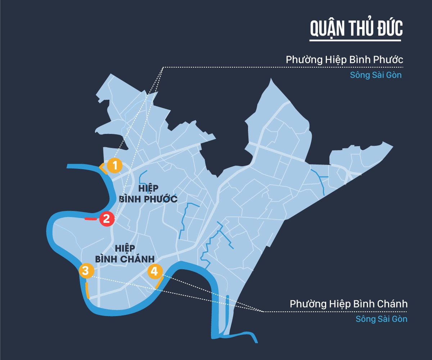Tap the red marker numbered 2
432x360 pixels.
point(107,219)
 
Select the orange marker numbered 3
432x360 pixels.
point(86,271)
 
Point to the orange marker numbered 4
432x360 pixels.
point(154,271)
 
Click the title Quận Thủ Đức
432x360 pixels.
point(356,29)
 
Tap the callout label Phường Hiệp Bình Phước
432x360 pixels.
point(344,60)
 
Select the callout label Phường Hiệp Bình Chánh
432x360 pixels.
point(348,304)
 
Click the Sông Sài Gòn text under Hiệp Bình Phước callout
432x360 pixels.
point(375,76)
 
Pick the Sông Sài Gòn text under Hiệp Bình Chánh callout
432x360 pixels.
point(382,319)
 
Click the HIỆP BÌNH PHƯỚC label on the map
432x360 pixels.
point(148,194)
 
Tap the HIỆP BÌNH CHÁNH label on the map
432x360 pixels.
point(125,253)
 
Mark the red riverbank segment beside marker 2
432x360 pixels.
point(90,219)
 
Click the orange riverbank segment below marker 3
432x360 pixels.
point(87,291)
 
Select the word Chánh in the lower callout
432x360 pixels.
point(391,304)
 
